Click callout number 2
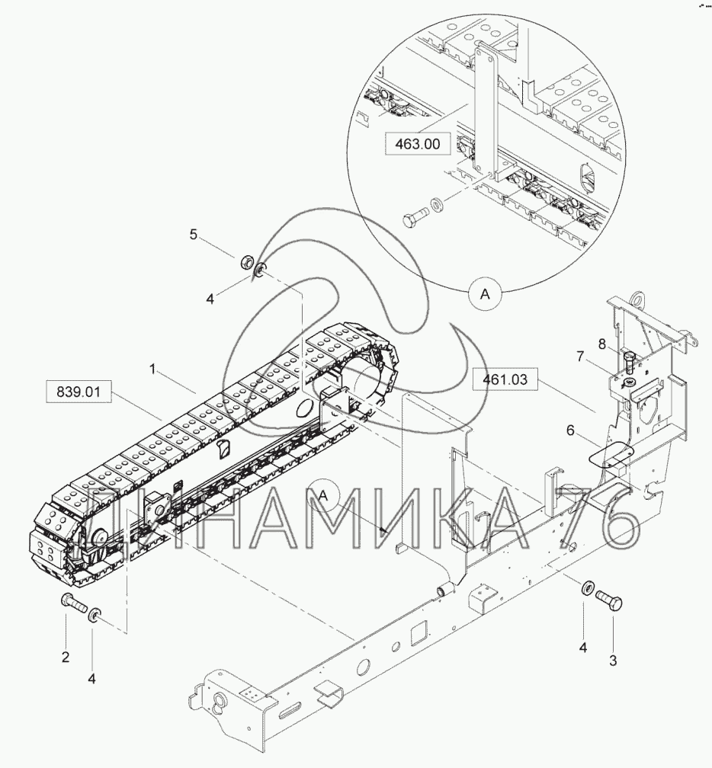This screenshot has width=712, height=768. pos(66,656)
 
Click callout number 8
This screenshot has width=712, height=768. pos(601,344)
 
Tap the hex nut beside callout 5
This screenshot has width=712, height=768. pos(245,263)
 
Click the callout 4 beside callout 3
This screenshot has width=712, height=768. pos(583,648)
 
